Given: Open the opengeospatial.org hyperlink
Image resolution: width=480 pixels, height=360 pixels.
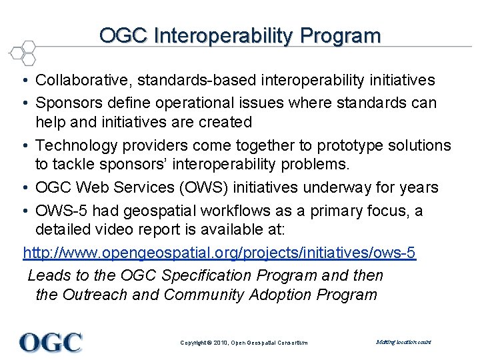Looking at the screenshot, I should tap(219, 253).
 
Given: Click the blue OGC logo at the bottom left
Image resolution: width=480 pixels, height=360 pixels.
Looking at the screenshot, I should tap(51, 342).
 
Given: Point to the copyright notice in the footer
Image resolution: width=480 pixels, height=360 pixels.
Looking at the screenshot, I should tap(244, 343).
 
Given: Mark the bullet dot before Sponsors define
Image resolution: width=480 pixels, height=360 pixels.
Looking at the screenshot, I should tap(23, 103).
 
